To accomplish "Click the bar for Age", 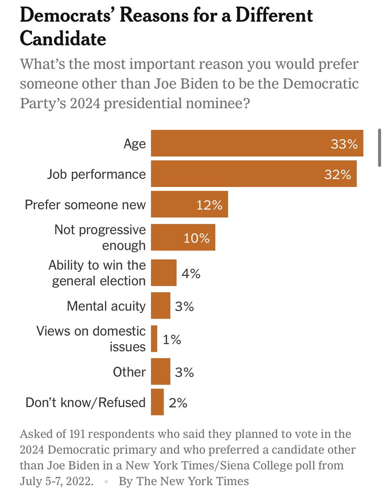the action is coord(257,143).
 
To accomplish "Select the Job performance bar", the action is coord(254,174).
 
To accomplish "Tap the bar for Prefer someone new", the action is coord(190,204).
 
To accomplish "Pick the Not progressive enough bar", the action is coord(183,237).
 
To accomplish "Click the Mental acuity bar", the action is coord(161,305).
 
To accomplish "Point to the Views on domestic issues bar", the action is coord(154,339).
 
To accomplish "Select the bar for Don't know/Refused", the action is coord(158,402).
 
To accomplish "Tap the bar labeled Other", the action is coord(161,371).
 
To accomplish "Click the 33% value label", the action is coord(344,143).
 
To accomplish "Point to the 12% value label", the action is coord(209,205).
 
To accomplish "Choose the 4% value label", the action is coord(191,273).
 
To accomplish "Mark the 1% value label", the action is coord(172,339).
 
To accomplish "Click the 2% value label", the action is coord(178,403).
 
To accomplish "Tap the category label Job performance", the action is coord(96,174).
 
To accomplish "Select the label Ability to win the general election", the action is coord(97,273).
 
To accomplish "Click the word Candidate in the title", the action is coord(63,38).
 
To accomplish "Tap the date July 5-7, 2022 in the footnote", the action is coord(57,481).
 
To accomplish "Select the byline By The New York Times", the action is coord(184,481).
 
